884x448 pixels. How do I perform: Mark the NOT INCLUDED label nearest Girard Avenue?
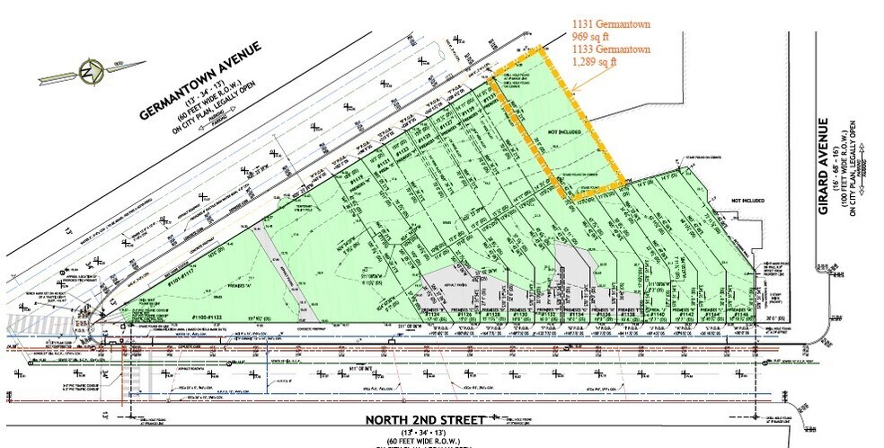click(x=747, y=200)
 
